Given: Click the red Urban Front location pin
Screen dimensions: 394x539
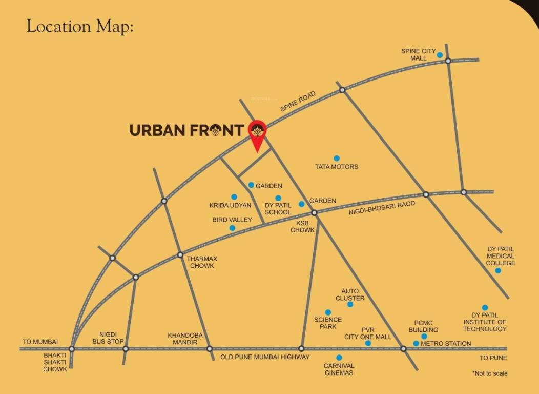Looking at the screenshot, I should click(257, 132).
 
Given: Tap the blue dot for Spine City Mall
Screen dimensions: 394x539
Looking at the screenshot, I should click(440, 55).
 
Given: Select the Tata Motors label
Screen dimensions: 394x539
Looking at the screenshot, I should click(337, 167).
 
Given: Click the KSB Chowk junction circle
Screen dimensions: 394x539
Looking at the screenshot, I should click(315, 212).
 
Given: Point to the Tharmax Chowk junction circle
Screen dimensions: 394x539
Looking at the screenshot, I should click(180, 254).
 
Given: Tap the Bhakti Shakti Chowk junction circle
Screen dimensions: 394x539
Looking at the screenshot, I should click(72, 349).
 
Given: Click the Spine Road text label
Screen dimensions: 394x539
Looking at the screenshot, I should click(298, 102).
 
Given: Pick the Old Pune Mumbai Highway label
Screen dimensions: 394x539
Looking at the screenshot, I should click(265, 357).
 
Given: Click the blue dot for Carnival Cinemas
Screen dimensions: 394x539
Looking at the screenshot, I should click(339, 358).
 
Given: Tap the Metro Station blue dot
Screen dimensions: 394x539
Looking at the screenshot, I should click(416, 343).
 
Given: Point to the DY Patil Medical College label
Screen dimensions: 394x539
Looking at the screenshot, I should click(501, 256).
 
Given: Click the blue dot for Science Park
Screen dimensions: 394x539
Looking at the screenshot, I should click(328, 312).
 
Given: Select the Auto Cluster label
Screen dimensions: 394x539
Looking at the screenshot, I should click(350, 294).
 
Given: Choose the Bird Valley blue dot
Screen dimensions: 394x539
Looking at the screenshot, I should click(232, 228).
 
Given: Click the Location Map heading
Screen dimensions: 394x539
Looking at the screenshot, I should click(80, 27).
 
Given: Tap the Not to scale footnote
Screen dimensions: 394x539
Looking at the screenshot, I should click(490, 373).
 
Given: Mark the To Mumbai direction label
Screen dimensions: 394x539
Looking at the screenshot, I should click(40, 342).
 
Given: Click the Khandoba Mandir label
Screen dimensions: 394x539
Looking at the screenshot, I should click(185, 339).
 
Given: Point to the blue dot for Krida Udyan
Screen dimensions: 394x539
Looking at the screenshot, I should click(234, 196).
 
